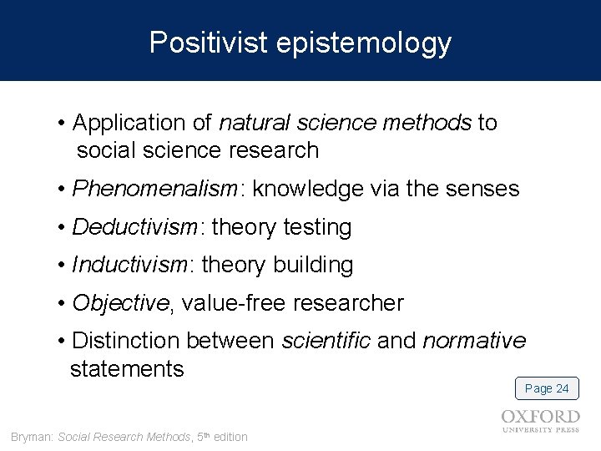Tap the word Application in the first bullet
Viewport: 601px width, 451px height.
(123, 124)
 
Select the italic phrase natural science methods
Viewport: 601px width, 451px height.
(346, 124)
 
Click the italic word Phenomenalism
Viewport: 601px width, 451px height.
(155, 190)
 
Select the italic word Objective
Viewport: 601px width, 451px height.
(120, 303)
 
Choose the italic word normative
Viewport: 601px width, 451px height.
(474, 341)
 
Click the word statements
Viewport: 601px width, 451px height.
(127, 367)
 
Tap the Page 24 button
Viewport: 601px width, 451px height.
(547, 388)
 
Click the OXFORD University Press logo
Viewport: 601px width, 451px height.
(540, 420)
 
